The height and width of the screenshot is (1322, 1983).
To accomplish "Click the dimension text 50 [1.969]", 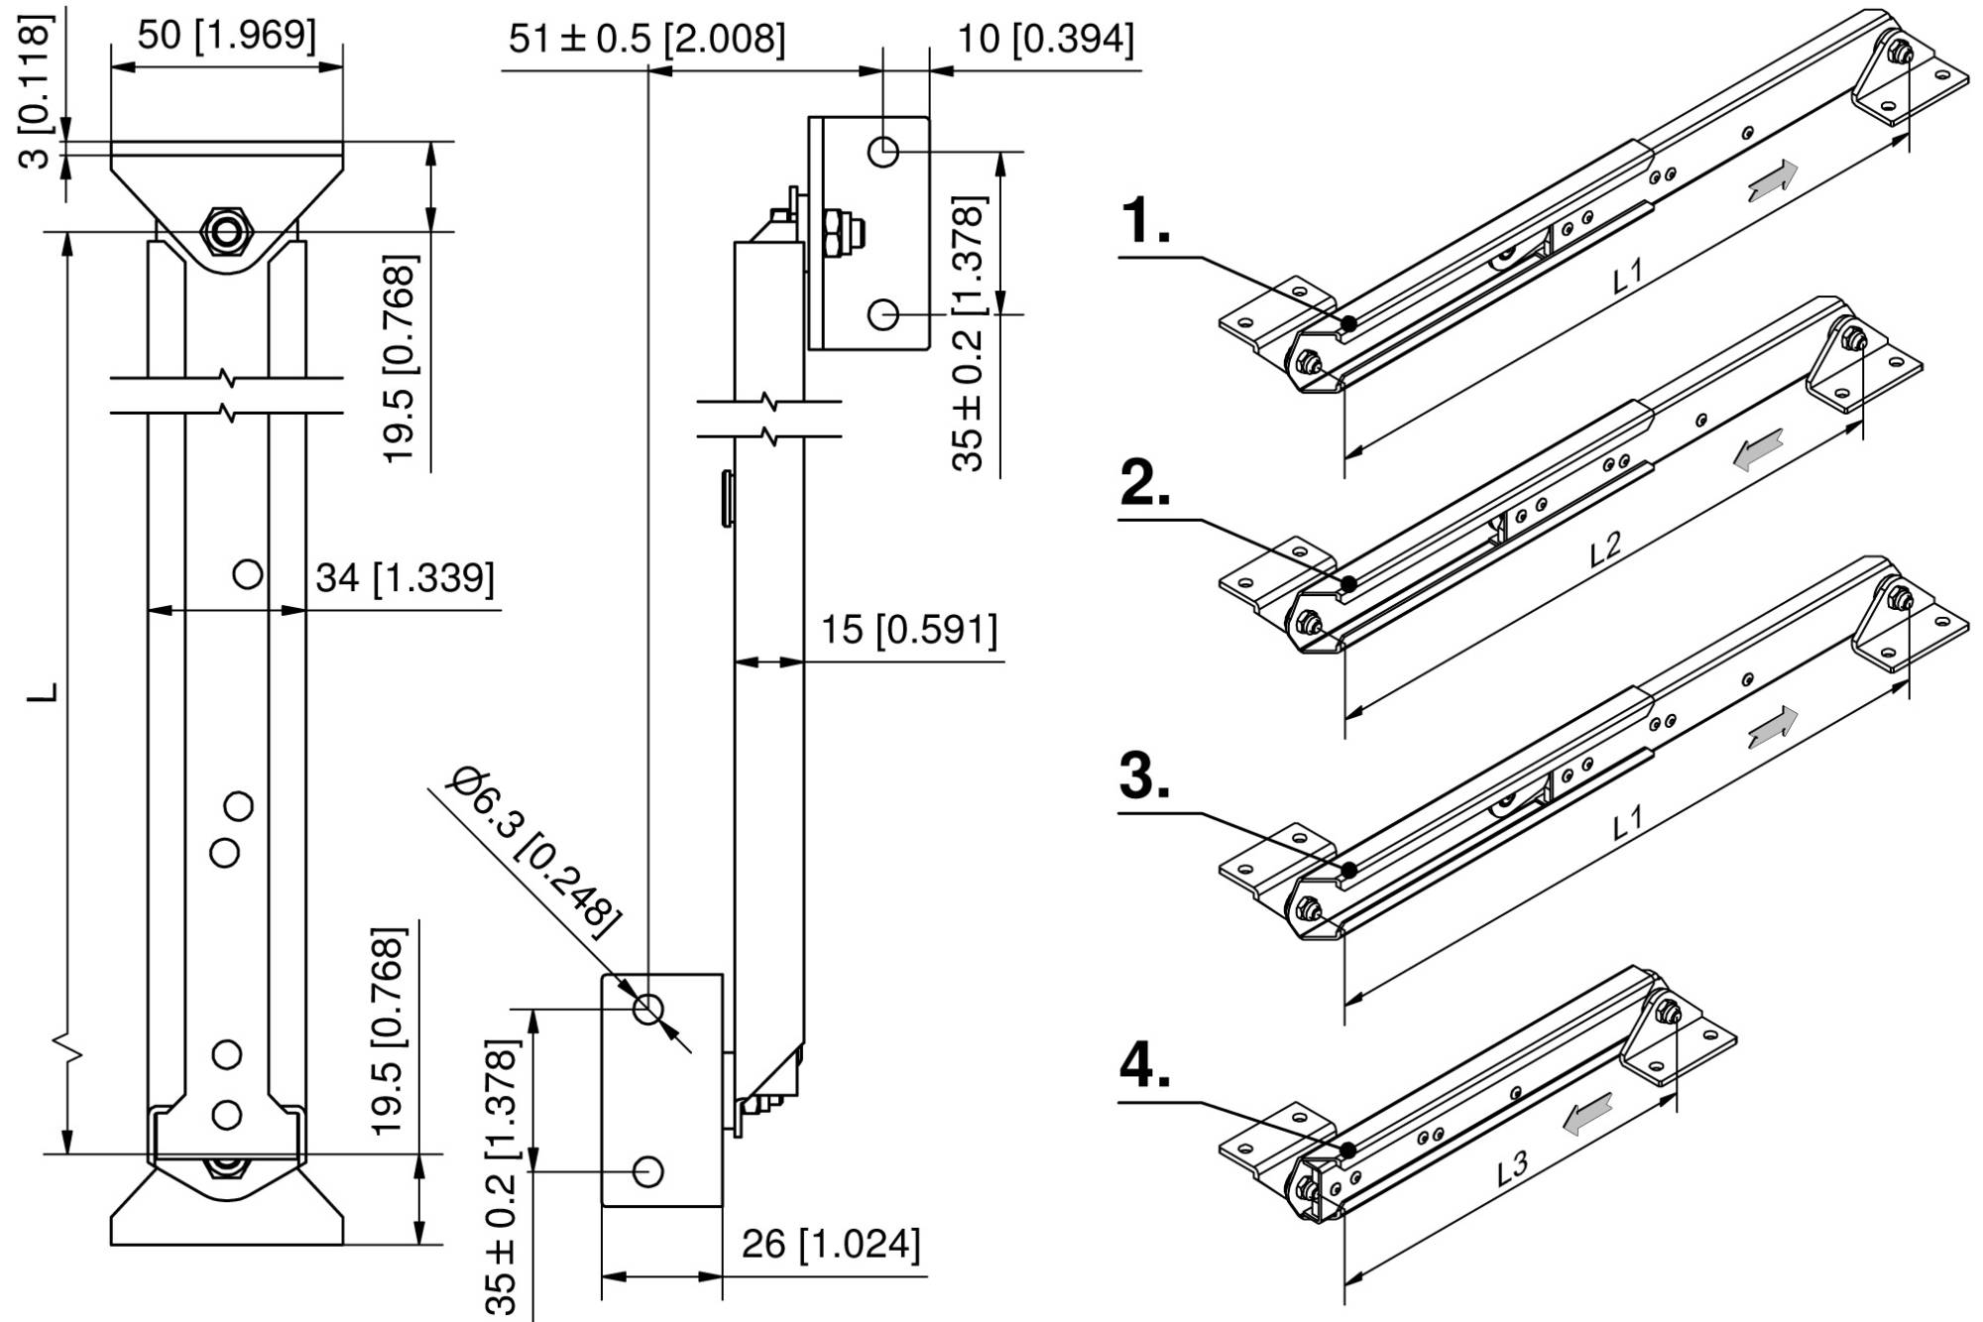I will pyautogui.click(x=226, y=36).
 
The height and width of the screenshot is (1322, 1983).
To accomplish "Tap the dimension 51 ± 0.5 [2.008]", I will pyautogui.click(x=646, y=40).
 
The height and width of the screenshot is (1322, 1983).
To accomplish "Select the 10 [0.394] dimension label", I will pyautogui.click(x=1044, y=40).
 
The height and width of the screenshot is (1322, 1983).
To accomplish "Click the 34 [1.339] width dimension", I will pyautogui.click(x=405, y=578).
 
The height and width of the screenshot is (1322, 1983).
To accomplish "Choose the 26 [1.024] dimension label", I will pyautogui.click(x=831, y=1244).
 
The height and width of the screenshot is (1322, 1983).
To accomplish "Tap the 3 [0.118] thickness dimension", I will pyautogui.click(x=36, y=94).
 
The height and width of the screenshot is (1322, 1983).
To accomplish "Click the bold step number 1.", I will pyautogui.click(x=1145, y=220).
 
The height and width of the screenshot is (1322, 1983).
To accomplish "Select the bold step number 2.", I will pyautogui.click(x=1145, y=484).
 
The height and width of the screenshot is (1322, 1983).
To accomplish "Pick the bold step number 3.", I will pyautogui.click(x=1145, y=776).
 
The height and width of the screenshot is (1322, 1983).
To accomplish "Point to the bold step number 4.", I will pyautogui.click(x=1145, y=1066).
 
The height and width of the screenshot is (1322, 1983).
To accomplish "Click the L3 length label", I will pyautogui.click(x=1512, y=1168).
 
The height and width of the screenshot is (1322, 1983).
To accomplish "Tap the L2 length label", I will pyautogui.click(x=1605, y=548).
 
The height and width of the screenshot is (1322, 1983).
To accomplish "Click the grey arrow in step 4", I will pyautogui.click(x=1587, y=1113).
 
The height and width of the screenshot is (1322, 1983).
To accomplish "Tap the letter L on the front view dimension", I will pyautogui.click(x=44, y=691).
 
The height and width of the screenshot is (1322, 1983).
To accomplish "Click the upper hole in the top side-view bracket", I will pyautogui.click(x=882, y=152).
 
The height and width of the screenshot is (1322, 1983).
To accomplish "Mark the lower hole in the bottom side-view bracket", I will pyautogui.click(x=647, y=1171).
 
